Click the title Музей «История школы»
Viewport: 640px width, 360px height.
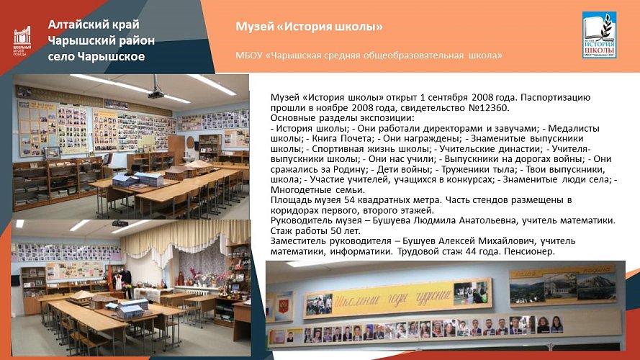coord(309,27)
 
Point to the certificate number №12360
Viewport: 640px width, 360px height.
coord(488,108)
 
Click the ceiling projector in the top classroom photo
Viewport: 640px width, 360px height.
coord(156,94)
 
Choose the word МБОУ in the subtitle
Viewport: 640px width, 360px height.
coord(249,55)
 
